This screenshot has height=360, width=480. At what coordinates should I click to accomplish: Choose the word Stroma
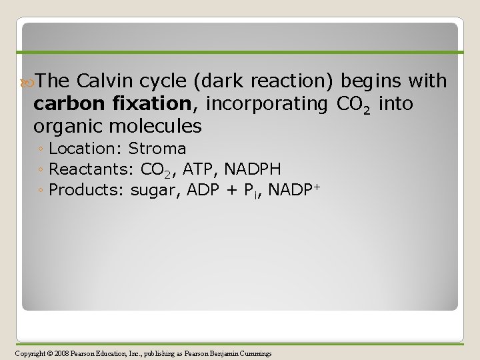tap(157, 149)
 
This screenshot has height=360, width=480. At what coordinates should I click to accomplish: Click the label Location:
tap(86, 149)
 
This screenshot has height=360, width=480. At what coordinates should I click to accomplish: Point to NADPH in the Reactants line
tap(253, 169)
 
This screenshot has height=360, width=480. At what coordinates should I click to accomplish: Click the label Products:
tap(87, 190)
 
